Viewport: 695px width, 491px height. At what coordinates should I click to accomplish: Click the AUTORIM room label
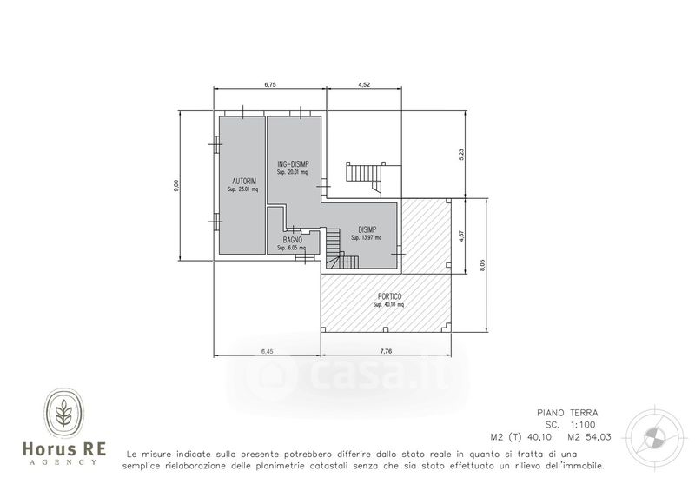[244, 182]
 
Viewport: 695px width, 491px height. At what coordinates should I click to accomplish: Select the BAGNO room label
[293, 240]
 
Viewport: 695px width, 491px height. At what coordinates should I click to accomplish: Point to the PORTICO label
[389, 296]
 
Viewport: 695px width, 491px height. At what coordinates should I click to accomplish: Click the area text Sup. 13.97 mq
[366, 238]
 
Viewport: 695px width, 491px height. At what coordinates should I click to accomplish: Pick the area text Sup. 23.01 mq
[243, 189]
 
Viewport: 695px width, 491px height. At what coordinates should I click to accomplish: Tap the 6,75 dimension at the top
[270, 85]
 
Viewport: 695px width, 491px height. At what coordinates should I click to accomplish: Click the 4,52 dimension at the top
[364, 85]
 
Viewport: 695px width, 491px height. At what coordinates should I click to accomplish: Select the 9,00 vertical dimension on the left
[176, 186]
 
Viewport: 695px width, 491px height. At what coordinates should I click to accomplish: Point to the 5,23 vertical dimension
[461, 155]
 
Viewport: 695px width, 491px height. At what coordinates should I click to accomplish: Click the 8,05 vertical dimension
[483, 265]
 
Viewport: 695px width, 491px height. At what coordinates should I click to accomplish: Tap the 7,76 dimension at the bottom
[386, 351]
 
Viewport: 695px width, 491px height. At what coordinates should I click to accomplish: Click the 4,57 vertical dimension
[461, 236]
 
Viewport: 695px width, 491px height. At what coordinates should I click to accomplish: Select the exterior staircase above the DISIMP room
[364, 176]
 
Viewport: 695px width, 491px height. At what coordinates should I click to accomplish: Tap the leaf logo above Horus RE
[64, 413]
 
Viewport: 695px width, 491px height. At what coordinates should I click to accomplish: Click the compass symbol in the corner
[654, 435]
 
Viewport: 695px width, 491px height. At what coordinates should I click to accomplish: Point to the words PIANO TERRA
[568, 413]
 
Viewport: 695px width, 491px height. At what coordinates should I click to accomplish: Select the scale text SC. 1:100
[571, 425]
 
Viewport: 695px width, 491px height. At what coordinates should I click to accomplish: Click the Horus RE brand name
[64, 449]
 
